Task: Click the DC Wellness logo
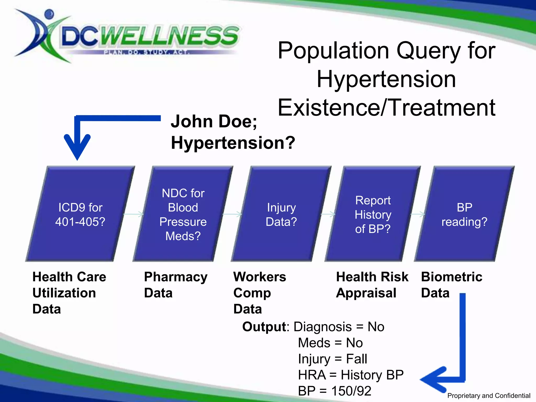click(126, 37)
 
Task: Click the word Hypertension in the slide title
click(386, 79)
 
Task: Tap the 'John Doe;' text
click(214, 121)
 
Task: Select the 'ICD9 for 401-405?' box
click(80, 214)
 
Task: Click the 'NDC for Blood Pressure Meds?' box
click(183, 214)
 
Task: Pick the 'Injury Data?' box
click(281, 214)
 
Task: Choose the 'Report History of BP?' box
click(373, 214)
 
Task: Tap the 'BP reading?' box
click(464, 214)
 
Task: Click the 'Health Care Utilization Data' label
click(69, 293)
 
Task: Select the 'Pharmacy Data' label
click(175, 285)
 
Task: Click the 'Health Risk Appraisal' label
click(372, 285)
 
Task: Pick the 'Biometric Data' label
click(451, 285)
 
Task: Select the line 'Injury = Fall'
click(332, 359)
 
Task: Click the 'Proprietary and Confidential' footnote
click(489, 395)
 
